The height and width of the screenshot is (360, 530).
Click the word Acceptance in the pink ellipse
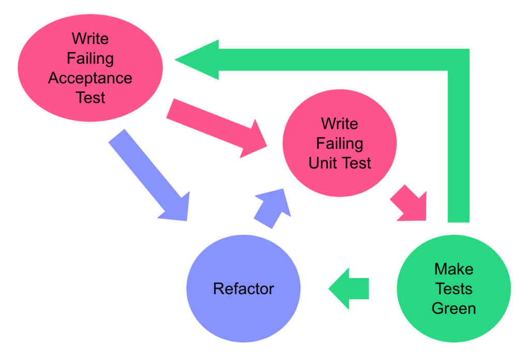point(90,78)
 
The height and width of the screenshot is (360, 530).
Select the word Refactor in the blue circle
point(243,288)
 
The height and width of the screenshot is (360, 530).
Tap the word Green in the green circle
point(453,308)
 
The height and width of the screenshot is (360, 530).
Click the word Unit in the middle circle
point(325,163)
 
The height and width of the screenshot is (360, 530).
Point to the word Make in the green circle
point(453,269)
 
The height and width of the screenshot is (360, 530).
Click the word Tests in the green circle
point(453,289)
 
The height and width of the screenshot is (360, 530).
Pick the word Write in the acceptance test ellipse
point(90,39)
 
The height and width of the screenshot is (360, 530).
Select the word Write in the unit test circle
point(340,124)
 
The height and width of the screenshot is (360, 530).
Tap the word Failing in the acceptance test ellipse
point(90,59)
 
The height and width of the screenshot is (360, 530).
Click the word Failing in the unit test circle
point(340,143)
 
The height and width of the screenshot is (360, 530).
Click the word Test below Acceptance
point(90,97)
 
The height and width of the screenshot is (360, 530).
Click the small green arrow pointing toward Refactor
point(349,288)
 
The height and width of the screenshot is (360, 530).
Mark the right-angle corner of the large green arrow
point(458,60)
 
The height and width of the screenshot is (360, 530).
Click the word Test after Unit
point(356,163)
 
